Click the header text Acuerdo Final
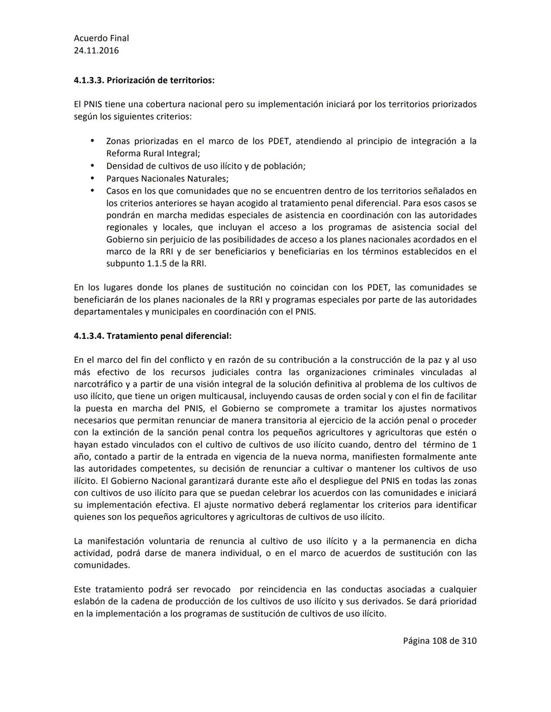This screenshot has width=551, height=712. click(x=101, y=38)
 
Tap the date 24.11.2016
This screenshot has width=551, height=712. click(x=96, y=50)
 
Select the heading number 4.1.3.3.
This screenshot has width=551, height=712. click(x=89, y=81)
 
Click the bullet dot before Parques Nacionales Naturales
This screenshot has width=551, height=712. click(x=92, y=178)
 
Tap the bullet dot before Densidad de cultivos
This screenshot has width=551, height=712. click(x=92, y=166)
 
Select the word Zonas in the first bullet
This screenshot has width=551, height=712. click(x=117, y=141)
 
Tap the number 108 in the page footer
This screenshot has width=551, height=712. click(x=439, y=641)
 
